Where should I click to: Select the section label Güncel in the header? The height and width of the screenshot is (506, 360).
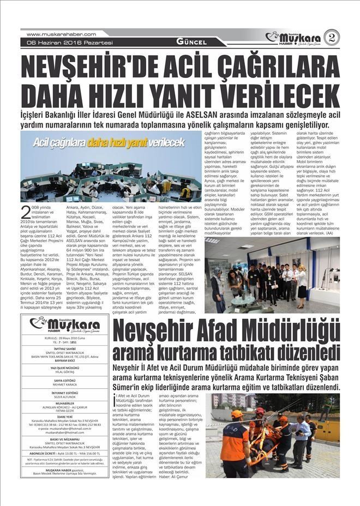click(191, 42)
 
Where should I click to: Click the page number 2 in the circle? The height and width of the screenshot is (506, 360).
click(331, 38)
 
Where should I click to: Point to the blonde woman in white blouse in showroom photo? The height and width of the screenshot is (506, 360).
click(302, 284)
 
